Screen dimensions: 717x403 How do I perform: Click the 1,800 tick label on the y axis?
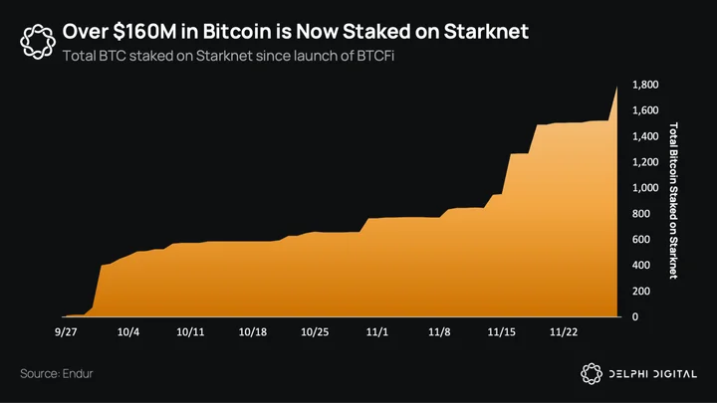645,85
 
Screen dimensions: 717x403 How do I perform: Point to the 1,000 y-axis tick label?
645,188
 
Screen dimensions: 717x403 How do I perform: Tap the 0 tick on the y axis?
635,317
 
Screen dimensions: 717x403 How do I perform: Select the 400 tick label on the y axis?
641,265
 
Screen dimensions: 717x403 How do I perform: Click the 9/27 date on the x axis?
66,332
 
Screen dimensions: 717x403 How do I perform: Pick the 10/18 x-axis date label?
252,332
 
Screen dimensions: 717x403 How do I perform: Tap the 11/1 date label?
376,332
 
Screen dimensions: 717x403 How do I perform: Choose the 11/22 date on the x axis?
564,332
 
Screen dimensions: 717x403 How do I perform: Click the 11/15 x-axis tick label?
501,332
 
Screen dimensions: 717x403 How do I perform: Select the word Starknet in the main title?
486,32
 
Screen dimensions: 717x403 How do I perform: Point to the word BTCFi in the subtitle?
375,56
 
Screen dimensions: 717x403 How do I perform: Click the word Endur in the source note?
78,374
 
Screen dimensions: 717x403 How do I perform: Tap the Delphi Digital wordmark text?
653,374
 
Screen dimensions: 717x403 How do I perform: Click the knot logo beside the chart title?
38,42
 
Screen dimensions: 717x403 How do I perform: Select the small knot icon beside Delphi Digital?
592,374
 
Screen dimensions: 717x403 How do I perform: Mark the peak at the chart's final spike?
616,87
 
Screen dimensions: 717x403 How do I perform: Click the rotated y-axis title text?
673,200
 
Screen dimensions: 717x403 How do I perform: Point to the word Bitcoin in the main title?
236,32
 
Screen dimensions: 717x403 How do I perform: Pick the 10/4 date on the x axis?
128,332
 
